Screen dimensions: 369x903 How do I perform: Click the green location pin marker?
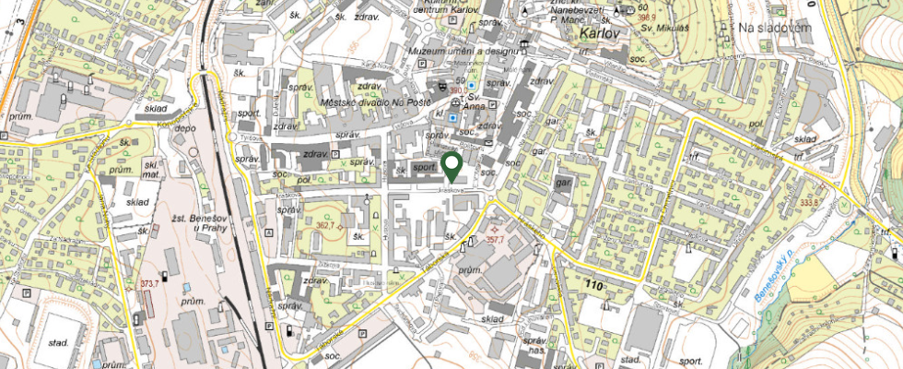pyautogui.click(x=451, y=166)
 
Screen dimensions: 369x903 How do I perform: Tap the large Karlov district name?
pyautogui.click(x=603, y=34)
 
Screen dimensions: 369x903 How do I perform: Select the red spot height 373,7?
pyautogui.click(x=149, y=282)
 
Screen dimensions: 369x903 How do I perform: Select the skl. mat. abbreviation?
pyautogui.click(x=149, y=169)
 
